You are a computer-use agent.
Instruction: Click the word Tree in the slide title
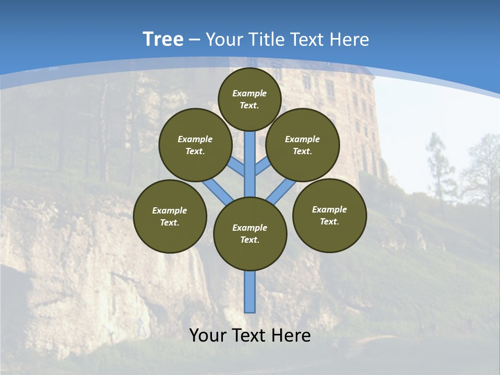[163, 39]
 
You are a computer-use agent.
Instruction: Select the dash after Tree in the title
[194, 40]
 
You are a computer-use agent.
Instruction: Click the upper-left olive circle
[195, 145]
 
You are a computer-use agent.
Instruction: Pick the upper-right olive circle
[303, 145]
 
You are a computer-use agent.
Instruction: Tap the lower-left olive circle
[170, 216]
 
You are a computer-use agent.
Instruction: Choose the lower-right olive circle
[330, 215]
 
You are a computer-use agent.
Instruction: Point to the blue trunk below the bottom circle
[250, 292]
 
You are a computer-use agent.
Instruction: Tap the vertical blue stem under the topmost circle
[250, 156]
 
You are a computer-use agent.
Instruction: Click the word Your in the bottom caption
[208, 335]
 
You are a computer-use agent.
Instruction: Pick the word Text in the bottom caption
[249, 335]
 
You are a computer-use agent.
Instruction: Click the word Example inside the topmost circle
[249, 93]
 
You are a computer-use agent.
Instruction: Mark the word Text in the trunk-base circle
[249, 240]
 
